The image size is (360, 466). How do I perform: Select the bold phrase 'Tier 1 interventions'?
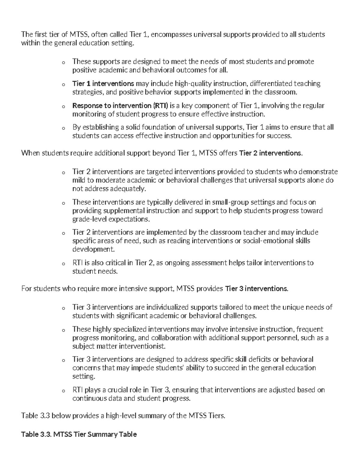[x=103, y=83]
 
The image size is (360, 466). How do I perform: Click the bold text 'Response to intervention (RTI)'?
[x=120, y=106]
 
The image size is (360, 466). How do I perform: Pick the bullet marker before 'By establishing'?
[x=63, y=128]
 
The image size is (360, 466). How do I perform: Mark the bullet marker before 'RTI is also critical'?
[x=63, y=264]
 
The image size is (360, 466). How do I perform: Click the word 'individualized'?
[x=167, y=307]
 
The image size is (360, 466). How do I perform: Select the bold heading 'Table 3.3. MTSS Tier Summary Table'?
[x=79, y=434]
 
